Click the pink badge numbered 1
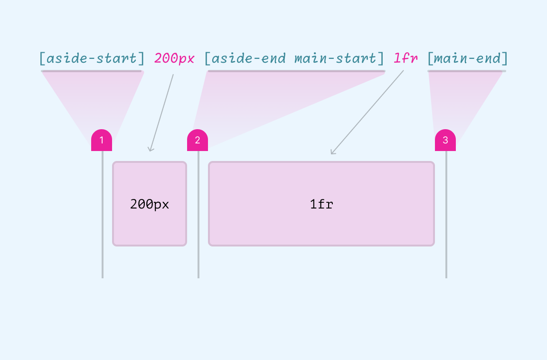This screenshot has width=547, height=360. click(102, 140)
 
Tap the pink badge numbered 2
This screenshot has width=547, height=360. click(198, 140)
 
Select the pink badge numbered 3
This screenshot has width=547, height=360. click(445, 140)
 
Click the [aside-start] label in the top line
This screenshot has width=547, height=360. click(92, 58)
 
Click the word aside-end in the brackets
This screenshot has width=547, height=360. click(249, 58)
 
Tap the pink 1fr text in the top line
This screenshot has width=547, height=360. click(406, 58)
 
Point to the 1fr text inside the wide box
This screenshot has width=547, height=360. click(321, 204)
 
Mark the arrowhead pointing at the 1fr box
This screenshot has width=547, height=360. click(332, 152)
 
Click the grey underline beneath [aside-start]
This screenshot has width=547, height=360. click(92, 71)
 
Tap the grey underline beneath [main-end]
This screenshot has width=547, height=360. click(467, 71)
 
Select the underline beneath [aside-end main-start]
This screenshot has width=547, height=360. click(296, 71)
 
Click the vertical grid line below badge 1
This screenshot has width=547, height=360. click(102, 214)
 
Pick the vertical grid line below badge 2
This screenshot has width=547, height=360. click(198, 214)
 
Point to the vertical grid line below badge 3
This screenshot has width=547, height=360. click(446, 214)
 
